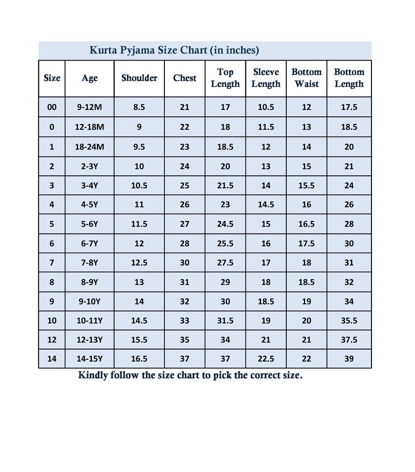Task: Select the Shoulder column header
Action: click(139, 78)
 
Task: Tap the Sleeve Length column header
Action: click(266, 78)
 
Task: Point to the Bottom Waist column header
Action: click(307, 78)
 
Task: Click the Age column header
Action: click(89, 78)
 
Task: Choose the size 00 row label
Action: click(52, 107)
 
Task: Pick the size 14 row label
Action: click(52, 359)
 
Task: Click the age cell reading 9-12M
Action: click(89, 107)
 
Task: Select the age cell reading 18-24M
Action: click(89, 147)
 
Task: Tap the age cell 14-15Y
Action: click(89, 359)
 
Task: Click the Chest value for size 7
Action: click(185, 262)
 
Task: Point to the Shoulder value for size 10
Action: click(139, 321)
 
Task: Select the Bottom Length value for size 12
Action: click(349, 340)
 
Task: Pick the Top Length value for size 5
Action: click(225, 224)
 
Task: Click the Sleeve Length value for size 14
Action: click(266, 359)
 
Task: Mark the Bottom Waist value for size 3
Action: click(307, 185)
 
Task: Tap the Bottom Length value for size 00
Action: click(349, 107)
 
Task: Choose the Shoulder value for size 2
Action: click(139, 166)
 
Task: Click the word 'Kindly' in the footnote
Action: click(93, 375)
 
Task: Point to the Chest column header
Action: click(185, 78)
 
